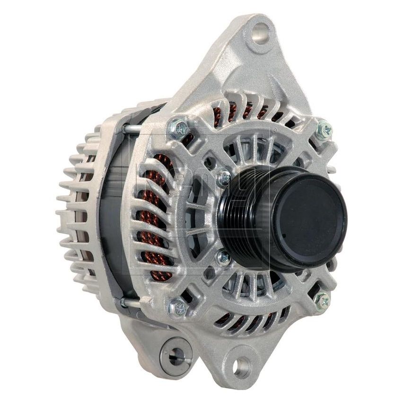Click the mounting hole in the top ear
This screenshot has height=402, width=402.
pos(260,34)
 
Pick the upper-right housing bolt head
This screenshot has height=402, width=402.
pos(324,129)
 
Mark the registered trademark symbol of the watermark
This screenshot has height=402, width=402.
pos(273,129)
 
